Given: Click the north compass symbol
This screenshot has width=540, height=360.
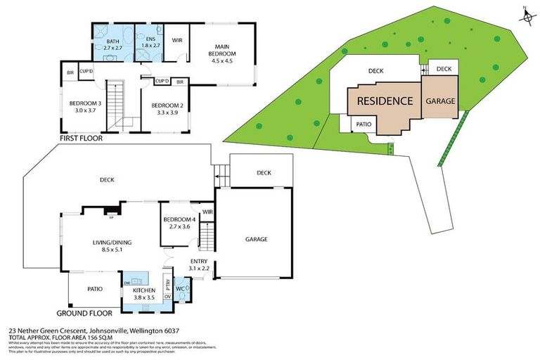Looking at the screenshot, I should click(525, 15).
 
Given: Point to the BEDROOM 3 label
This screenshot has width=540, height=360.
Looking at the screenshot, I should click(85, 106).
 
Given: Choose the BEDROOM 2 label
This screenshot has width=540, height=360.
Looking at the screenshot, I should click(167, 109).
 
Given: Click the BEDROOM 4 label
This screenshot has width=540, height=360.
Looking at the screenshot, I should click(177, 223).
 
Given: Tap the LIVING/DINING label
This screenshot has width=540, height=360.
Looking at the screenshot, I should click(112, 246).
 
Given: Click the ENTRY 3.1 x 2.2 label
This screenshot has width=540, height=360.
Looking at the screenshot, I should click(199, 264).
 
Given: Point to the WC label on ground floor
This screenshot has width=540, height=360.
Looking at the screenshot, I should click(179, 288).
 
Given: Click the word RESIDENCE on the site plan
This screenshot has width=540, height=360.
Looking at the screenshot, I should click(385, 101).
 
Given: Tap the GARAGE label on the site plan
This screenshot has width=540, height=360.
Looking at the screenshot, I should click(440, 101).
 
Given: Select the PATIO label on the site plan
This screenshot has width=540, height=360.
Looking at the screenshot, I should click(363, 124).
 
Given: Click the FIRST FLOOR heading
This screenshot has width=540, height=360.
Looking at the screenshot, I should click(82, 139).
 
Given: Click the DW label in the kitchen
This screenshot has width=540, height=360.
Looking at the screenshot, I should click(127, 282).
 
